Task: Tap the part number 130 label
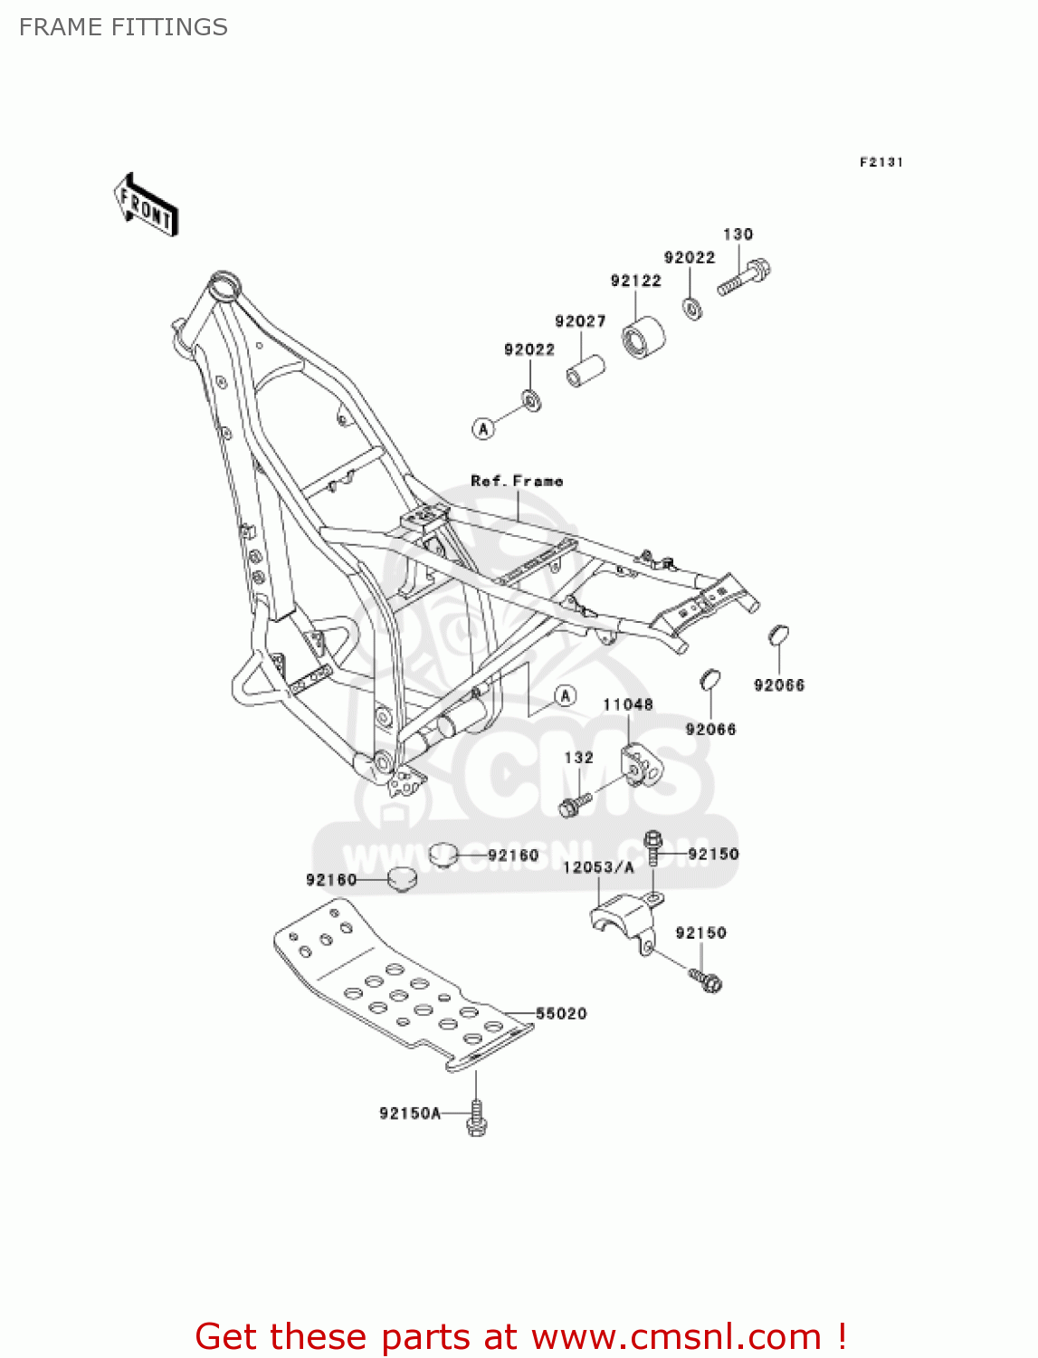tap(738, 234)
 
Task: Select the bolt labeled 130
tap(745, 278)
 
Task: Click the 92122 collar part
tap(643, 339)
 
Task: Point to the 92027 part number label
tap(580, 321)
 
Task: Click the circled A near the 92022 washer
tap(484, 428)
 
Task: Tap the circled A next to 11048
tap(566, 695)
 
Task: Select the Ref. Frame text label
tap(517, 482)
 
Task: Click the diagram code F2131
tap(881, 162)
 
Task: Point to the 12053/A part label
tap(598, 867)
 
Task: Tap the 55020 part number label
tap(561, 1014)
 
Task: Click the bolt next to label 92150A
tap(477, 1118)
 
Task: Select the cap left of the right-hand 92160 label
tap(442, 854)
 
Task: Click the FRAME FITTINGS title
tap(123, 27)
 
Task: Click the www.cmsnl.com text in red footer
tap(676, 1337)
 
